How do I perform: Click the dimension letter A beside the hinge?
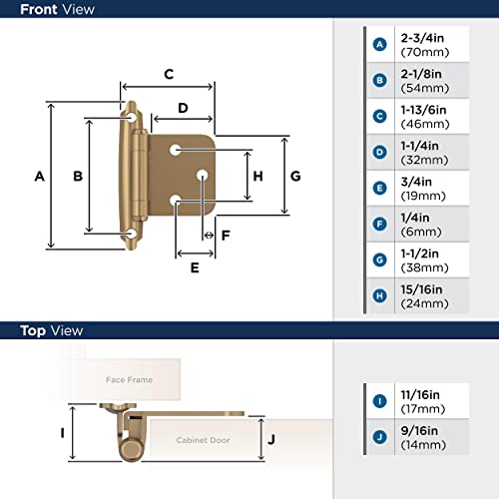pos(39,177)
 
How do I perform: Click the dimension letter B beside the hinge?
pos(77,177)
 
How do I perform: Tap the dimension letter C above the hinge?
pos(170,74)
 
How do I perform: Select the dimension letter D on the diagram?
pos(184,108)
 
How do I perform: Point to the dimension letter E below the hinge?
pos(195,267)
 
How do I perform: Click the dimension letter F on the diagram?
pos(226,236)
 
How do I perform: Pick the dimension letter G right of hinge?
pos(295,177)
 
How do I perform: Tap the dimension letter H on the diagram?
pos(257,177)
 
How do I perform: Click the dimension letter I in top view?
pos(63,433)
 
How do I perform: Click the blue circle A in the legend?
pos(379,44)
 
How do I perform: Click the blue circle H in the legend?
pos(379,295)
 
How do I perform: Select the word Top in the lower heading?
pos(34,330)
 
